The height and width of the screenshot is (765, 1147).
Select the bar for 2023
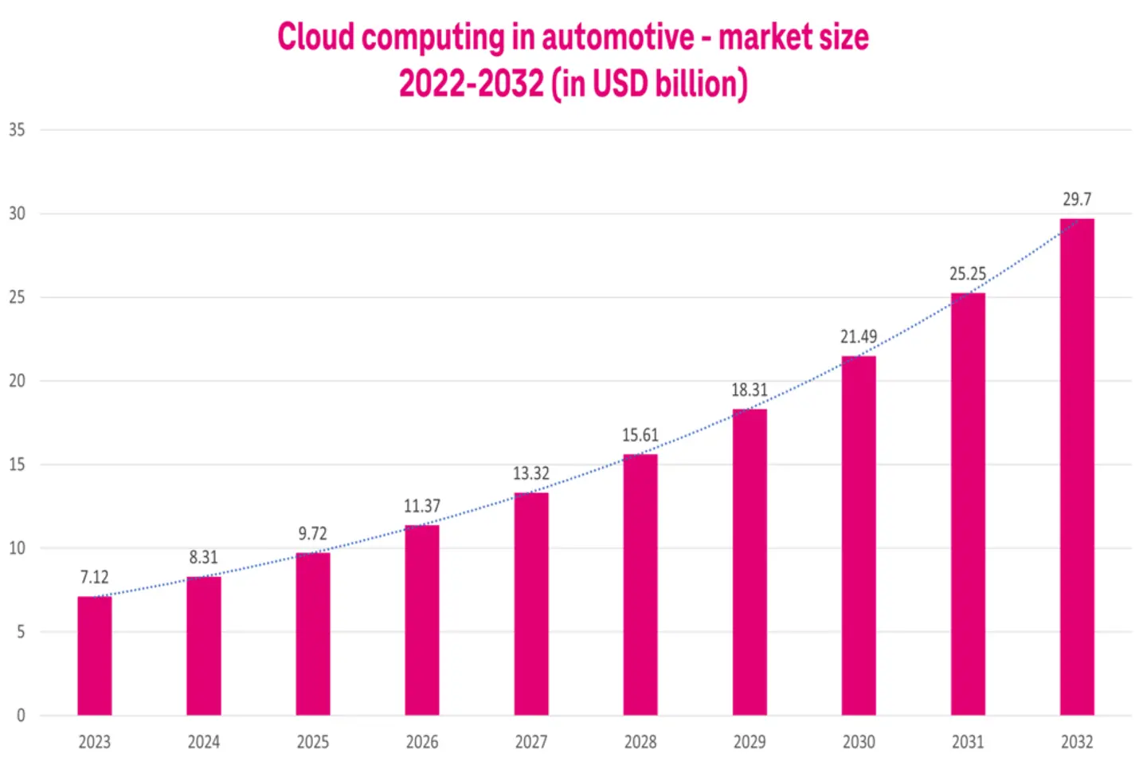click(x=94, y=655)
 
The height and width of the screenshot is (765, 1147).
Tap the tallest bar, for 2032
click(x=1076, y=466)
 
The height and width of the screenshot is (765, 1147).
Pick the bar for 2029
click(x=749, y=562)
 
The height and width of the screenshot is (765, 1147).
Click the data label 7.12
click(x=94, y=577)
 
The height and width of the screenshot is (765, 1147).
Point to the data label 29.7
click(x=1076, y=199)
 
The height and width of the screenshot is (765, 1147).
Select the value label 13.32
click(x=530, y=473)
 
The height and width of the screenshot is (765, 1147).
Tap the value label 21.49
click(x=858, y=337)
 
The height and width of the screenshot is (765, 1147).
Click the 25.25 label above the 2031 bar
click(x=967, y=274)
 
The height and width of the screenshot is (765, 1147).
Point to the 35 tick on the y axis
click(x=17, y=129)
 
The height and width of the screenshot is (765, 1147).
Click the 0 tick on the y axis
click(x=21, y=716)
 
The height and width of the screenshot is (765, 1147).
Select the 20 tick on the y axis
click(x=17, y=381)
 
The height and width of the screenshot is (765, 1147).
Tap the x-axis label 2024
click(x=203, y=742)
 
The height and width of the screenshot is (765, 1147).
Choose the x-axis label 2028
click(x=640, y=742)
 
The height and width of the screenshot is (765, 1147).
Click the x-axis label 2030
click(x=858, y=742)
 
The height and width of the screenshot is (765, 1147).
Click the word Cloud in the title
click(x=315, y=37)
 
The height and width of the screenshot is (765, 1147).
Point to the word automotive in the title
click(x=618, y=37)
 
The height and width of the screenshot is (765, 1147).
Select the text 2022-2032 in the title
click(x=471, y=84)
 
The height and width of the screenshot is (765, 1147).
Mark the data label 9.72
click(x=312, y=534)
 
